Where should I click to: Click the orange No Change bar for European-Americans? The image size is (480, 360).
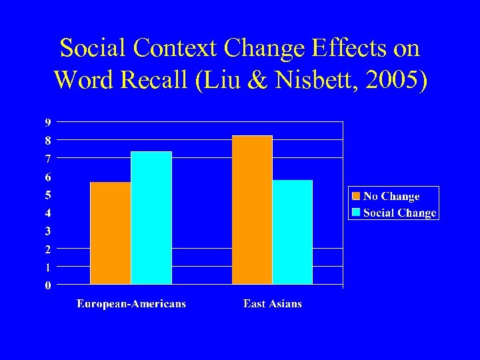110,233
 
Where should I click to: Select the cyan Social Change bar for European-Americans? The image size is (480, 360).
151,218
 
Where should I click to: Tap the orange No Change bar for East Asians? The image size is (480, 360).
252,210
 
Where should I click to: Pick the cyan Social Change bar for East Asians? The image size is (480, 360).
293,232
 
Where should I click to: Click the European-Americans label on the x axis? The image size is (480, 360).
131,304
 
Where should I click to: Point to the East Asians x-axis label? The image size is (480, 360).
273,304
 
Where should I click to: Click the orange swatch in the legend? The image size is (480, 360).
356,197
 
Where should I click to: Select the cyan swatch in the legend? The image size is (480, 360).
356,213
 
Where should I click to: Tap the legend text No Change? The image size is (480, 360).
391,197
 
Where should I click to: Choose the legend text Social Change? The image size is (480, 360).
399,213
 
